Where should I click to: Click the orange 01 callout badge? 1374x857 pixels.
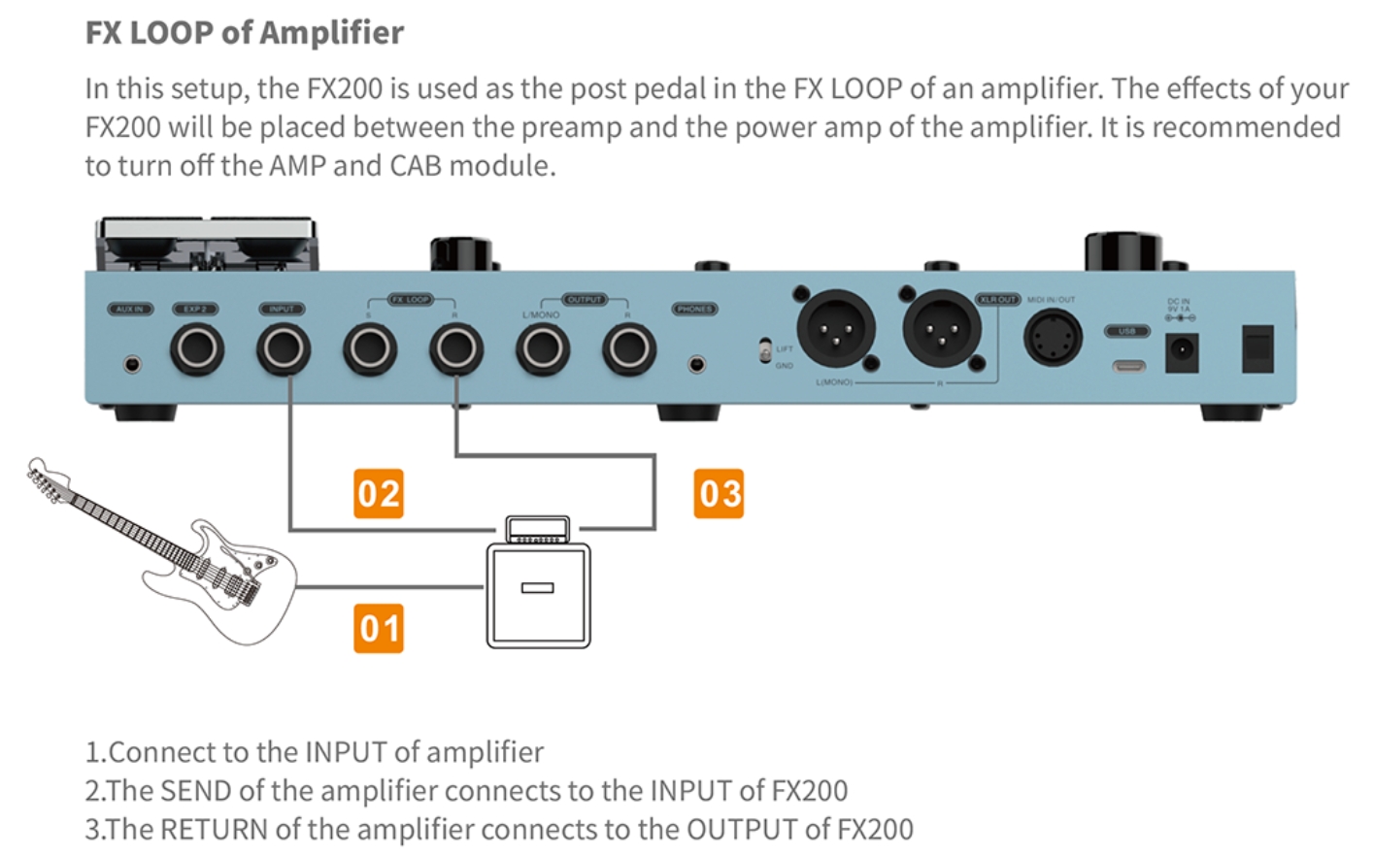378,628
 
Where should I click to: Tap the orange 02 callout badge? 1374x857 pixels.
378,493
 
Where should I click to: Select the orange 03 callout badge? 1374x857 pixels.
719,493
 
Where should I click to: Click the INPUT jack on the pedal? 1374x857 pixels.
284,348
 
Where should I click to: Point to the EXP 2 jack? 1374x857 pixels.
197,348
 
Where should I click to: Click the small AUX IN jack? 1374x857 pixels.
132,365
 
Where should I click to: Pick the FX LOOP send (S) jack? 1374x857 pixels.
370,348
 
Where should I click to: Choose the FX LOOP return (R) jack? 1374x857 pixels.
456,348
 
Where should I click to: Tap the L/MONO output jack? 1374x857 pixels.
542,348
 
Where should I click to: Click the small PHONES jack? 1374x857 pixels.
696,365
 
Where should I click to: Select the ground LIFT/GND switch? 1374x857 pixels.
765,350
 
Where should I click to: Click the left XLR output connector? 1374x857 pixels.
835,329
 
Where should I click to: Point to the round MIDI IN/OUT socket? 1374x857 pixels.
1053,338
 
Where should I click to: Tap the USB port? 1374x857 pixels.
1126,367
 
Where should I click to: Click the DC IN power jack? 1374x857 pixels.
1181,350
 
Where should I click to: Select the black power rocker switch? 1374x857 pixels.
1257,349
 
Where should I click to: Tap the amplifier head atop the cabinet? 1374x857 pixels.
538,530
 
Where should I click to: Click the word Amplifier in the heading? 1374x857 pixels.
331,33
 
